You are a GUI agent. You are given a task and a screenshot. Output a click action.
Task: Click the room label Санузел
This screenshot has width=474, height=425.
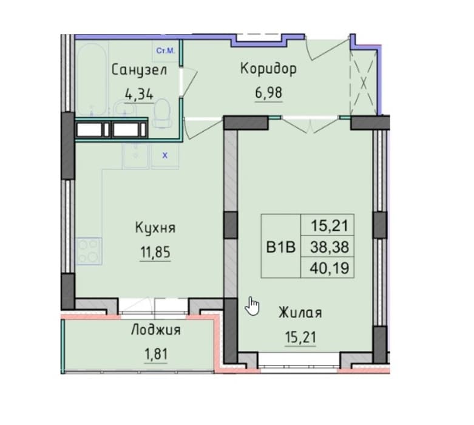(x=139, y=71)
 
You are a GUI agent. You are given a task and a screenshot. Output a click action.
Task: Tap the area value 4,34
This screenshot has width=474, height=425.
(x=140, y=95)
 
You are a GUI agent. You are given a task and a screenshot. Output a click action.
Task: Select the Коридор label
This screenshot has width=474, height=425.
(x=268, y=69)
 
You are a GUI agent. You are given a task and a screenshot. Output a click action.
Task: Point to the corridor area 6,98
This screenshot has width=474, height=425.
(x=269, y=93)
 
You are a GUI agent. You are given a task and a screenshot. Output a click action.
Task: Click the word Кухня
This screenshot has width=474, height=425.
(x=155, y=228)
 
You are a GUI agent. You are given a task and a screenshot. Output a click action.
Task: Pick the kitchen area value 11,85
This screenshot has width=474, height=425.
(x=155, y=252)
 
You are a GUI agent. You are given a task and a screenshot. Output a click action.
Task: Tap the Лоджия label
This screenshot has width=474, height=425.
(x=156, y=330)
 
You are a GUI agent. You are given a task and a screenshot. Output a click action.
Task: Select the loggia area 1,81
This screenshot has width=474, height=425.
(x=156, y=354)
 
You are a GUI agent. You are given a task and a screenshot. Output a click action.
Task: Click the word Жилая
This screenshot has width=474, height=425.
(x=300, y=313)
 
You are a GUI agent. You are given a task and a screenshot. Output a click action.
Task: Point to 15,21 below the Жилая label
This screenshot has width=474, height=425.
(x=300, y=337)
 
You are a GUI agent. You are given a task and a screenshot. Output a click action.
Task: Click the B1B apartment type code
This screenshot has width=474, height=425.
(x=280, y=247)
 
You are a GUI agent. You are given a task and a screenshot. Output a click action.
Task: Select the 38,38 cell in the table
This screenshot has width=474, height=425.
(x=330, y=247)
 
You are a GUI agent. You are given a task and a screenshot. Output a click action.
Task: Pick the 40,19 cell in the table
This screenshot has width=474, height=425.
(x=330, y=268)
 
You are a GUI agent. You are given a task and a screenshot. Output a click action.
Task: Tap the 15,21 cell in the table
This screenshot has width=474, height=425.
(x=330, y=226)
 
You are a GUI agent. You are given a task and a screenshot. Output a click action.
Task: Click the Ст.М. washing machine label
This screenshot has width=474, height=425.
(x=165, y=51)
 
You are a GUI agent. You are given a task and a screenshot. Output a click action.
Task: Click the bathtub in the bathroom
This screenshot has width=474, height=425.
(x=91, y=80)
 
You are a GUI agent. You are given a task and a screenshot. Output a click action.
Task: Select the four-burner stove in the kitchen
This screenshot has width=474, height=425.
(x=89, y=251)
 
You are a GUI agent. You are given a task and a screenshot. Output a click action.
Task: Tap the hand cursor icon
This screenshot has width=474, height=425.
(x=252, y=306)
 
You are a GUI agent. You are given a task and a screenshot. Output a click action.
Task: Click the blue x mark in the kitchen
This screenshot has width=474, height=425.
(x=164, y=156)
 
